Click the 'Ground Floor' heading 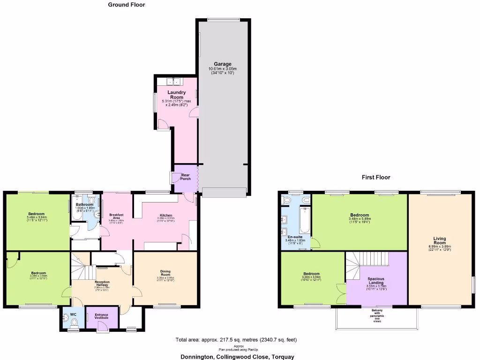(127, 5)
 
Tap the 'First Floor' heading (375, 177)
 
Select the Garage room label (223, 64)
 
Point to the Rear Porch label (186, 177)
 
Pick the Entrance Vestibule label (102, 316)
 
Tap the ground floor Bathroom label (85, 204)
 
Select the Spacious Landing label (376, 280)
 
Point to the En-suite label (295, 237)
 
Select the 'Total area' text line (236, 340)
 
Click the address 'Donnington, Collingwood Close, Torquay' (238, 357)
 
